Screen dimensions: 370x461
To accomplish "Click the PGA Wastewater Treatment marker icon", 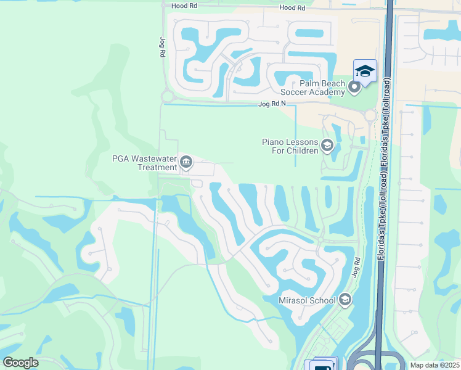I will click(186, 163).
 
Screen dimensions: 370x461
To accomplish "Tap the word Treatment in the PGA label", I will click(157, 167).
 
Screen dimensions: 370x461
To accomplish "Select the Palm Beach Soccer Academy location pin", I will click(354, 87).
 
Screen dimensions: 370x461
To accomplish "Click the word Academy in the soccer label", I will click(327, 92).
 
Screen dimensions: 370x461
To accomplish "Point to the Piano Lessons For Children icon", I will click(327, 146).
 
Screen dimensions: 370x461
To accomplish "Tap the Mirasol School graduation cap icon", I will click(345, 300).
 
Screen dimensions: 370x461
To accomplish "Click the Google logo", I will click(20, 363).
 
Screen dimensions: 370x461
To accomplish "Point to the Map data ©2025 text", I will click(434, 365).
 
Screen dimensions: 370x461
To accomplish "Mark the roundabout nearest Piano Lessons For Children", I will click(370, 115).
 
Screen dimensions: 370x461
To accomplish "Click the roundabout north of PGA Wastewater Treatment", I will click(166, 96).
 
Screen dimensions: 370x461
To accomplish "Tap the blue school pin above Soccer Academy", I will click(365, 71).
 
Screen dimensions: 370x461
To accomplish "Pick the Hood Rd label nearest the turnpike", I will click(292, 8).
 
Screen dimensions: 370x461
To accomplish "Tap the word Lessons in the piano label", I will click(302, 142).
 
